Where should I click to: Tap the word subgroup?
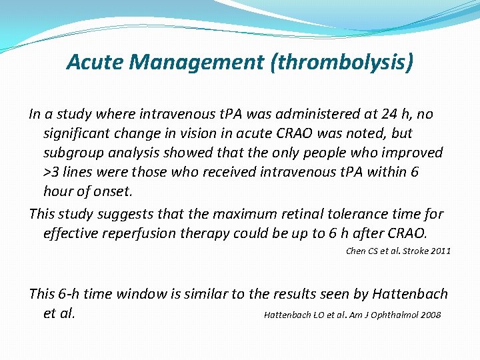tap(73, 153)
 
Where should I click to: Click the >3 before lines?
tap(52, 172)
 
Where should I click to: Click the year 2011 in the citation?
tap(439, 251)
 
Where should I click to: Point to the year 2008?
tap(430, 315)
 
